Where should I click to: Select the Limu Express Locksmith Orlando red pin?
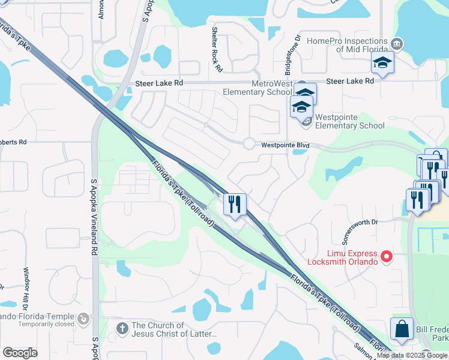387,257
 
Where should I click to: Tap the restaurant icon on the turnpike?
235,204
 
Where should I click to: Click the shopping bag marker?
402,329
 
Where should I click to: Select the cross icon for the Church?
122,328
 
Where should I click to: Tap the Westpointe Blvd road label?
285,145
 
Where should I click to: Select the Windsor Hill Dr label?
26,288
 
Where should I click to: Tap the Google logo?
20,352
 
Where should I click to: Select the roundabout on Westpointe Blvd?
249,143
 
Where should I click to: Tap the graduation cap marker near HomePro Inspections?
381,62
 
